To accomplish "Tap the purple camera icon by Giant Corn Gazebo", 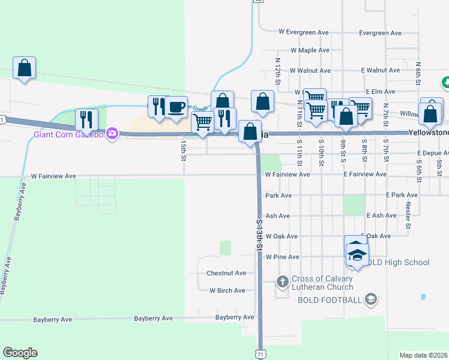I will [x=112, y=133].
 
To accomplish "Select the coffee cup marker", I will [x=176, y=107].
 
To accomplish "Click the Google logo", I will [x=20, y=353].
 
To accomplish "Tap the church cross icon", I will [x=282, y=281].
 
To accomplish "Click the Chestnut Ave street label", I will [x=226, y=273].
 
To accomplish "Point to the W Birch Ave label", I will [x=227, y=290].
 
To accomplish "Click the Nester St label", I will [x=408, y=215].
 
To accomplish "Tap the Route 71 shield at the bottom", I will [x=260, y=355].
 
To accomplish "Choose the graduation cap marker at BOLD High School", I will [x=357, y=255].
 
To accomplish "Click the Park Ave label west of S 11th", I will [x=278, y=196].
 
